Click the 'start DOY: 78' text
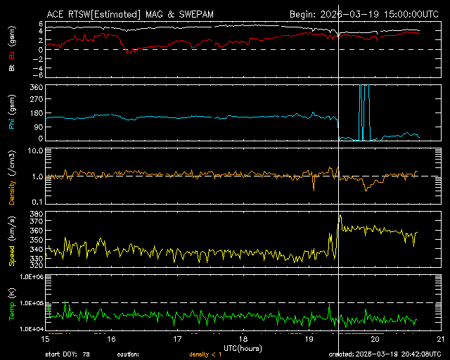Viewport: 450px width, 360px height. coord(68,354)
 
